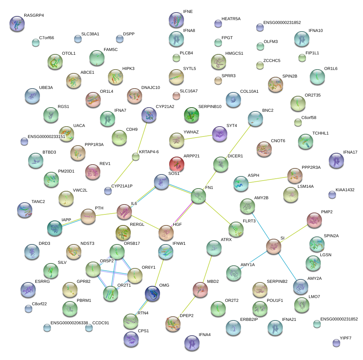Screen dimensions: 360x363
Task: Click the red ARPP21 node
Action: point(176,164)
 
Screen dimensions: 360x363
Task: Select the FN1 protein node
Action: point(198,195)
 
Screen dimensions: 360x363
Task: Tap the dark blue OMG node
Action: point(152,293)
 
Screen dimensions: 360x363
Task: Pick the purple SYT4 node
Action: point(220,133)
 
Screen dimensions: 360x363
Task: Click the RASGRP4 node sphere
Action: point(17,24)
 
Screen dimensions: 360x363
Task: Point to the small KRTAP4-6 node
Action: point(136,156)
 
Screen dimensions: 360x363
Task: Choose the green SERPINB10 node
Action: point(192,114)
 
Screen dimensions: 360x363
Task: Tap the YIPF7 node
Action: point(336,343)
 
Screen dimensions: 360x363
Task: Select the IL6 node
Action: point(124,212)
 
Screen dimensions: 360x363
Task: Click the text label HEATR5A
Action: point(231,18)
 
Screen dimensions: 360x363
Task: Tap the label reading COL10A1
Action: point(249,91)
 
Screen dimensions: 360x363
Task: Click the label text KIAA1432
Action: point(345,189)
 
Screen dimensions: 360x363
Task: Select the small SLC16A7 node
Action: point(176,95)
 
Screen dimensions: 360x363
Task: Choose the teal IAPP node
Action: point(55,227)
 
